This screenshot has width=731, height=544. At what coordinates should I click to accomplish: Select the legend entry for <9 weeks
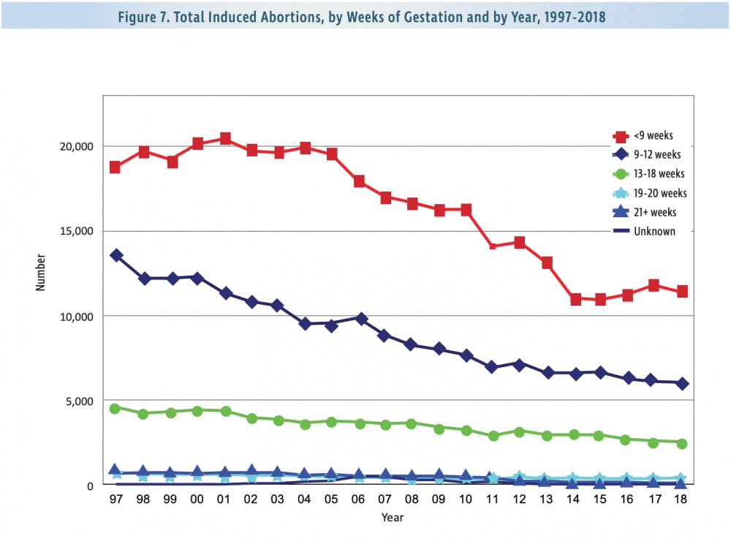coord(643,136)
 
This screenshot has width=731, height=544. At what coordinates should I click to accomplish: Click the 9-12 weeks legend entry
coord(647,155)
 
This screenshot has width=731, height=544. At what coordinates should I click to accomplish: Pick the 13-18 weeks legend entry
coord(649,174)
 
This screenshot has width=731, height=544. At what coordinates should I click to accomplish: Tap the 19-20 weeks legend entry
coord(649,193)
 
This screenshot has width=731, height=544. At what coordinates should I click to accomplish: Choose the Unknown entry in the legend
coord(643,231)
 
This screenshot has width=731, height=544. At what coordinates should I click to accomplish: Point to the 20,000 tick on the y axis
coord(75,146)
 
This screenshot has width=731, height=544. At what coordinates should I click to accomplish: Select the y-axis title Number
coord(42,273)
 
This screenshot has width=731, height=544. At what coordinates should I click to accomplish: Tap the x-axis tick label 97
coord(115,498)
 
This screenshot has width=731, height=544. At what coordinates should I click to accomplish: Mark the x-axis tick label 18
coord(682,498)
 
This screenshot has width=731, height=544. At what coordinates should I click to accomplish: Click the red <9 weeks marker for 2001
coord(225,138)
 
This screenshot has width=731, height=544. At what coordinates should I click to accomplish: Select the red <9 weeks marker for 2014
coord(575,299)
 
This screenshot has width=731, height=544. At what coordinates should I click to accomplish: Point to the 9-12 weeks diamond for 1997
coord(115,255)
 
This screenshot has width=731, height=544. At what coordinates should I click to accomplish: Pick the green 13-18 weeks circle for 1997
coord(115,409)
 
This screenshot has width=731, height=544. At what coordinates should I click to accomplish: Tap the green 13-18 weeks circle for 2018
coord(681,443)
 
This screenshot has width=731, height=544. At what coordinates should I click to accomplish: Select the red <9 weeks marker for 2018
coord(681,291)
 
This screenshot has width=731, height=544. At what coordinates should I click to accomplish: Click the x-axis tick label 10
coord(466,498)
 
